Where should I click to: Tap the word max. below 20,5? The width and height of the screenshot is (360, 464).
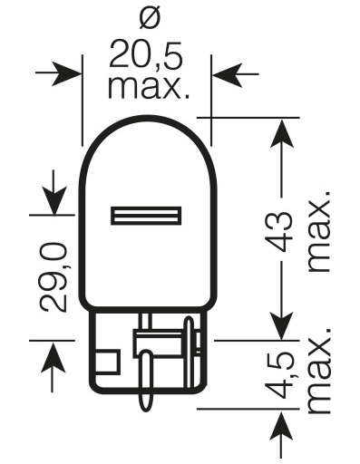pyautogui.click(x=149, y=88)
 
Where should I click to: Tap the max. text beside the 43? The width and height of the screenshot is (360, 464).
pyautogui.click(x=319, y=231)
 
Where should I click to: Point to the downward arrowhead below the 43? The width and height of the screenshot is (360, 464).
pyautogui.click(x=283, y=326)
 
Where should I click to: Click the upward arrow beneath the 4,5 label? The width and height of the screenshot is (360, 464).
pyautogui.click(x=283, y=430)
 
